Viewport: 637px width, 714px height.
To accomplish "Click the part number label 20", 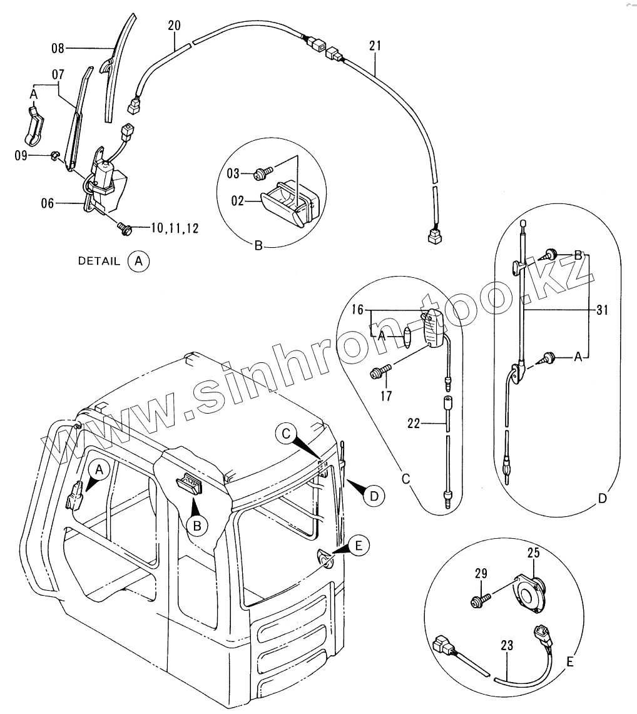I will [x=174, y=26].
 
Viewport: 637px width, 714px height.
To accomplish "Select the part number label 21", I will [x=375, y=46].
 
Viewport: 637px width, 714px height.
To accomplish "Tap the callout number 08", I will [x=58, y=47].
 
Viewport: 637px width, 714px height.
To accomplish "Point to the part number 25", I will [x=533, y=553].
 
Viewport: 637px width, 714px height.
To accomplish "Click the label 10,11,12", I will [x=175, y=228].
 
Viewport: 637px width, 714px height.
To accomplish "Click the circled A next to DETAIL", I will [x=139, y=261].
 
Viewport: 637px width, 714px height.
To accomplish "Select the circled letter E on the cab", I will [x=358, y=546].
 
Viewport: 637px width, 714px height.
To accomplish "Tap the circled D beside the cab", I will [x=374, y=496].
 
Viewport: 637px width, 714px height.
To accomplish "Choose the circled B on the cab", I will [x=196, y=526].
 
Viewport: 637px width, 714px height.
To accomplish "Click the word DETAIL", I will [x=98, y=261].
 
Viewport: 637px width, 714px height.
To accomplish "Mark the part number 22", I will [x=414, y=424].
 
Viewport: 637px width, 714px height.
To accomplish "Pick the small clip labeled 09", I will [x=54, y=154].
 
